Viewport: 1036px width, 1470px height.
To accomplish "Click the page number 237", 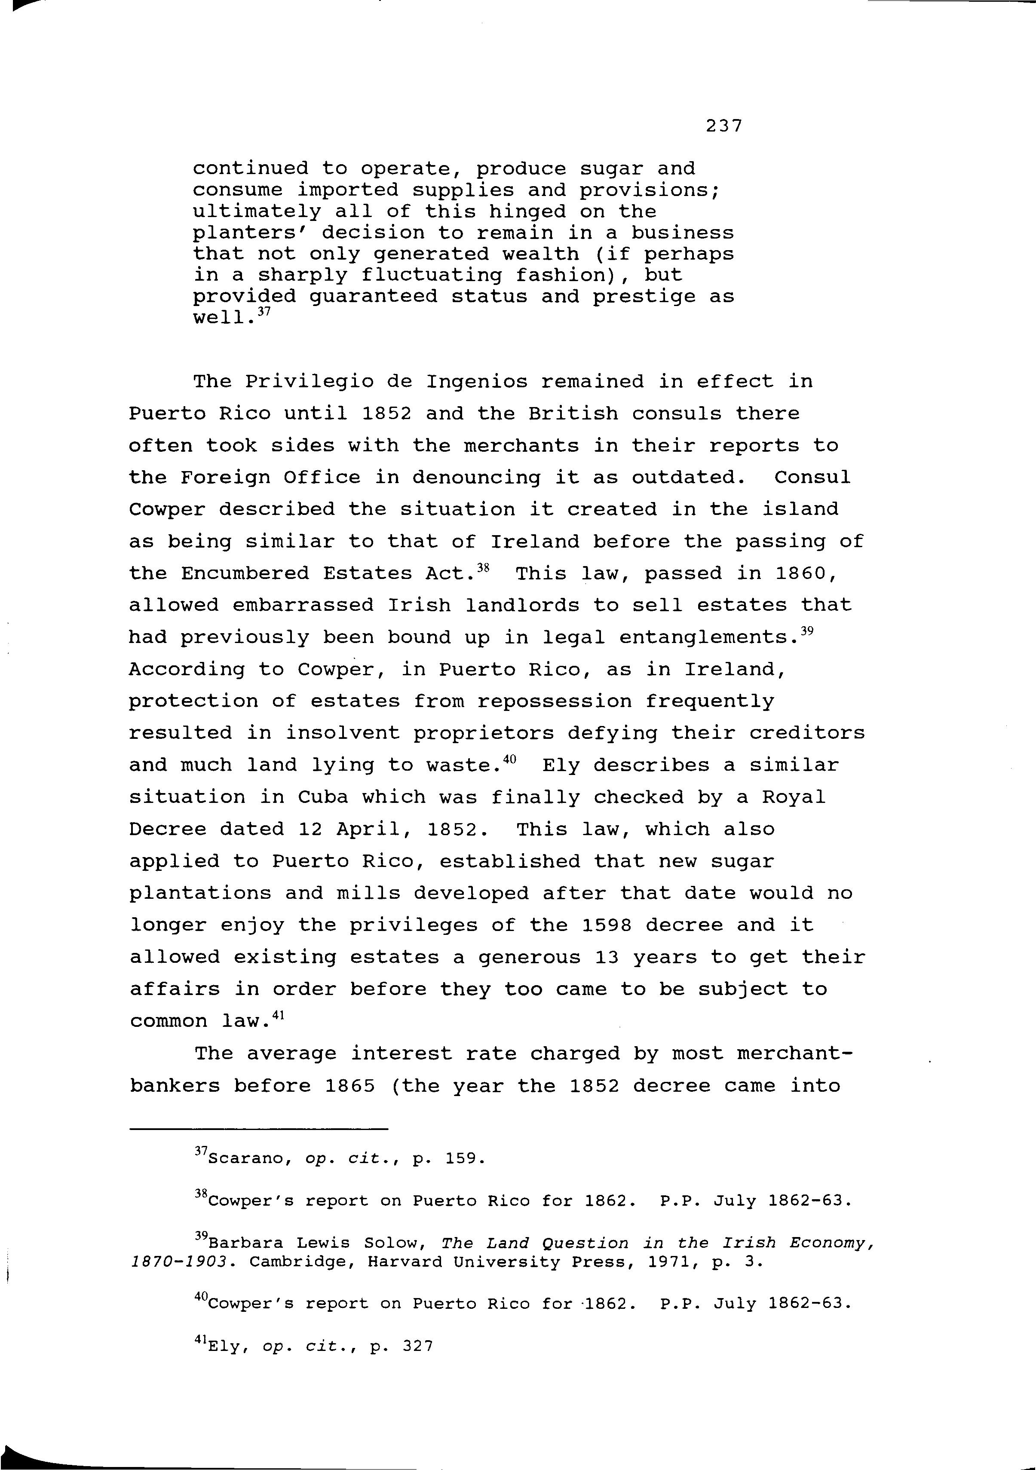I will click(x=723, y=126).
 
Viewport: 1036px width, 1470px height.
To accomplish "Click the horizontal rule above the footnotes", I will click(x=259, y=1129).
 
